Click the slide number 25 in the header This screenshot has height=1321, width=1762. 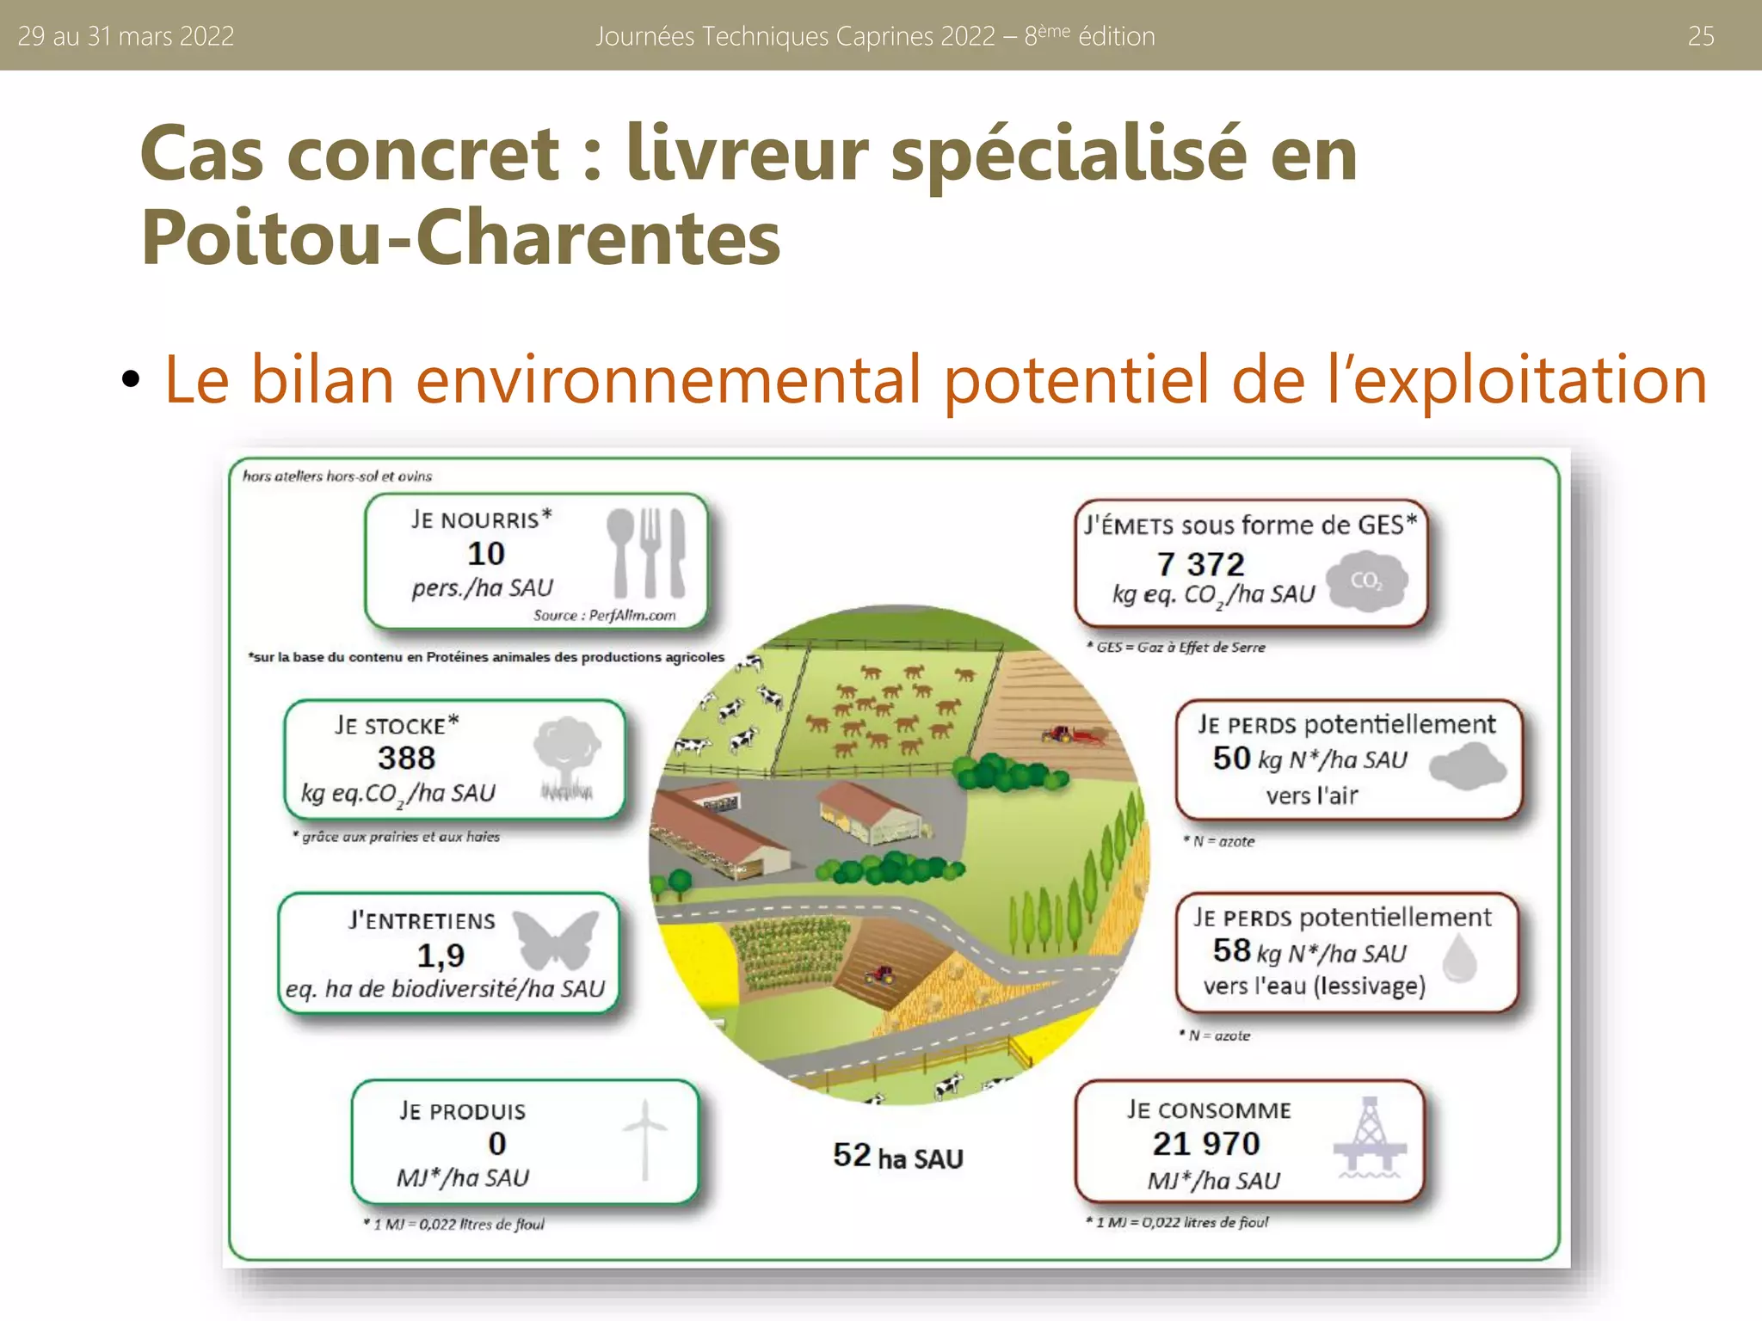(x=1700, y=36)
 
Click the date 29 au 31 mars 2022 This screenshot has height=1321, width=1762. (x=126, y=36)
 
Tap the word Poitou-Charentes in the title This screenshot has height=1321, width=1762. (x=460, y=238)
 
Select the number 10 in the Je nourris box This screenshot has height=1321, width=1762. (x=486, y=553)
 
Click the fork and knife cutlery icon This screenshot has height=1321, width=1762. (x=646, y=552)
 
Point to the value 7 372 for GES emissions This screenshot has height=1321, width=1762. (x=1200, y=564)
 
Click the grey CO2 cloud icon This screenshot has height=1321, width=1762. (x=1366, y=581)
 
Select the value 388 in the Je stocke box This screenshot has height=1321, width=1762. (x=406, y=758)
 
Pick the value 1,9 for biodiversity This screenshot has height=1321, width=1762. (x=440, y=955)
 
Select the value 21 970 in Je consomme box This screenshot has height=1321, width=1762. (x=1206, y=1143)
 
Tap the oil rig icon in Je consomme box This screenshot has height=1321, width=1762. (x=1369, y=1137)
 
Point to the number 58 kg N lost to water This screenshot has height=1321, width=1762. (x=1231, y=950)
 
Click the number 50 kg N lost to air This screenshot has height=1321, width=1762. (x=1231, y=758)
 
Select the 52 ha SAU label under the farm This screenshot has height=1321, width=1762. (x=897, y=1157)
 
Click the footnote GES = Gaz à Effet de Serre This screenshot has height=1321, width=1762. (x=1176, y=647)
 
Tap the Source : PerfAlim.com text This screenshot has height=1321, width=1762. (x=604, y=615)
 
